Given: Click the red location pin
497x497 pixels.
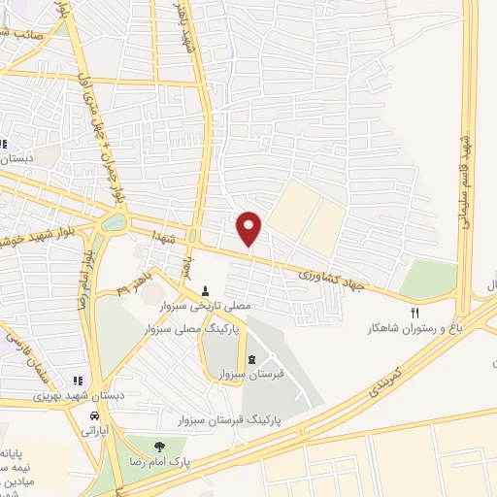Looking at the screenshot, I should pos(249,228).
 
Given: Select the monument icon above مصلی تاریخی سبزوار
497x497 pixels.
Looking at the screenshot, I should pos(205,290).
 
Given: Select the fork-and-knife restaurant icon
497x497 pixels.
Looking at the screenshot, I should pos(414,313).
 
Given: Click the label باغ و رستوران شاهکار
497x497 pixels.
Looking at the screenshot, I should pos(412,329).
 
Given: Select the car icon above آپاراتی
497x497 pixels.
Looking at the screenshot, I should pos(94,414).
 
